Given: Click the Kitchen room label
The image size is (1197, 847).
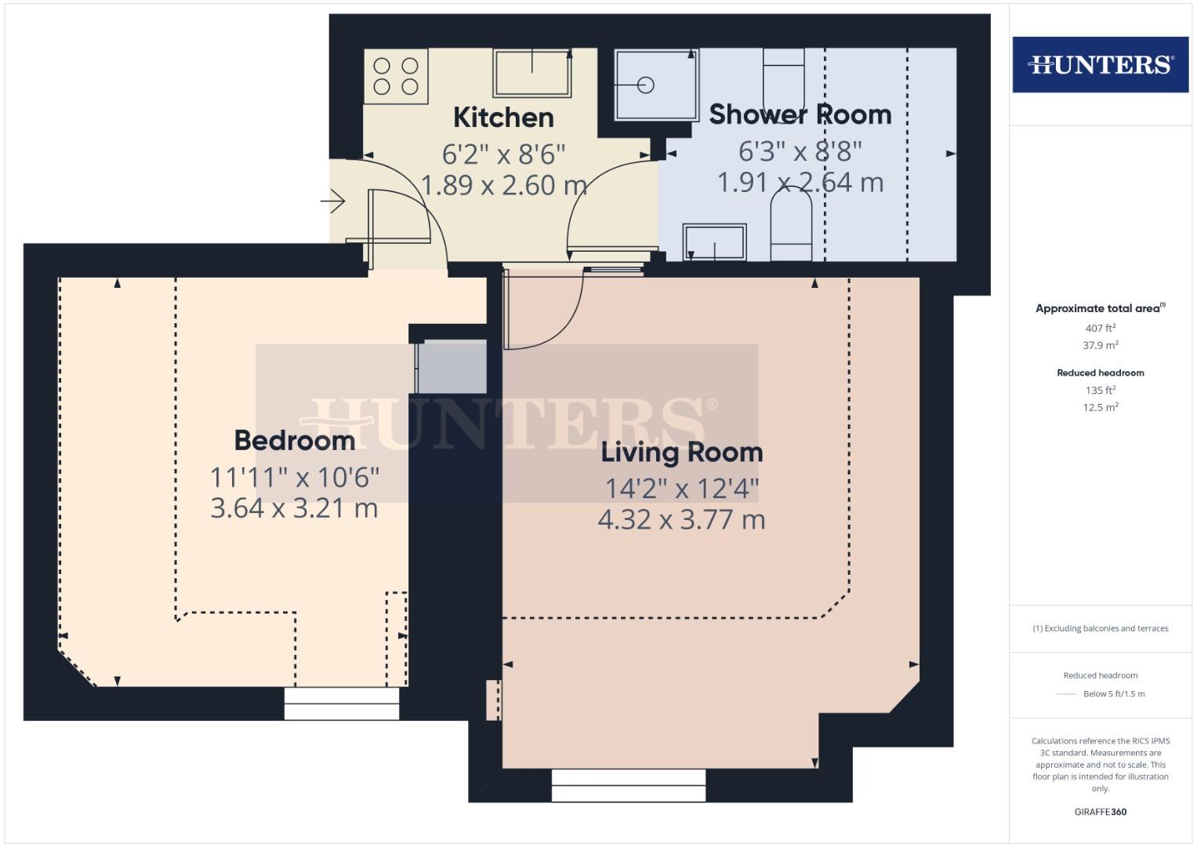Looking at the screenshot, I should click(x=503, y=118).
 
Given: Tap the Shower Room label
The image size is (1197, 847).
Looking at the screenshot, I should click(x=800, y=115).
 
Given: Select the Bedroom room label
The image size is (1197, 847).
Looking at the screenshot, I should click(x=295, y=440).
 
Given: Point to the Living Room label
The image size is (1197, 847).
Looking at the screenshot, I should click(x=681, y=453).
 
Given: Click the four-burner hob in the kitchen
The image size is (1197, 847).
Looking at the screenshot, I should click(x=396, y=76).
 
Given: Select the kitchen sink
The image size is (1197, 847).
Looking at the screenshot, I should click(x=531, y=73).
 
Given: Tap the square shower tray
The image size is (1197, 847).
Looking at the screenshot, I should click(x=655, y=85).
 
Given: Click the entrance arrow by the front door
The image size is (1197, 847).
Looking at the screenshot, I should click(x=333, y=202).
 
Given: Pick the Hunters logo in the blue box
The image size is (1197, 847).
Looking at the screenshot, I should click(x=1100, y=64).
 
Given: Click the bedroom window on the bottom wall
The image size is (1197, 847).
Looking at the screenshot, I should click(x=342, y=703).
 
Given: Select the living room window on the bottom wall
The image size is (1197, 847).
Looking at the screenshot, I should click(x=629, y=785).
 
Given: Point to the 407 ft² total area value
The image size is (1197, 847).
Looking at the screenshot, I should click(x=1100, y=329).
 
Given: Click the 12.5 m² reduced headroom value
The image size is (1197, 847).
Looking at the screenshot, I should click(x=1100, y=407).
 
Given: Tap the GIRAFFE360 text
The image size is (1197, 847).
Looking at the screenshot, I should click(x=1100, y=812).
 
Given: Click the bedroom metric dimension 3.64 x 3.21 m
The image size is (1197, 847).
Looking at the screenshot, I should click(x=294, y=508).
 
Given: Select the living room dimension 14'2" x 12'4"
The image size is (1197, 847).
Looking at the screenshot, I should click(x=681, y=489).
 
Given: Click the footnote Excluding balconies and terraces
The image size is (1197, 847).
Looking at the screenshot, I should click(x=1100, y=628).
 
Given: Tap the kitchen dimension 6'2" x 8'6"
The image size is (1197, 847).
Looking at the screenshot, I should click(x=503, y=152).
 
